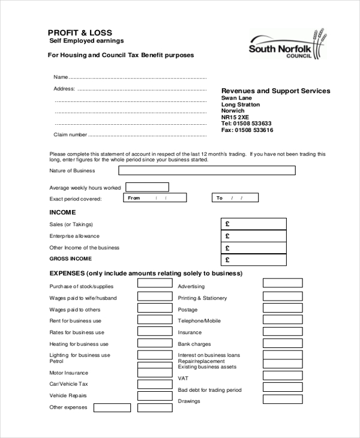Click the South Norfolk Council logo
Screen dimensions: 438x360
[288, 45]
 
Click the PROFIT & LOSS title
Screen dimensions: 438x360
[80, 32]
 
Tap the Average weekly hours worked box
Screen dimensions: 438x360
[147, 187]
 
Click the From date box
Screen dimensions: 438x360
[155, 197]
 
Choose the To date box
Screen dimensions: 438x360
[235, 197]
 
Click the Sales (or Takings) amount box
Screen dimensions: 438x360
[254, 223]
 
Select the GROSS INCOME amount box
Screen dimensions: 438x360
[254, 259]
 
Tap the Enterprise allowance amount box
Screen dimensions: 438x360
[254, 235]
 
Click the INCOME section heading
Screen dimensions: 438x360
[62, 212]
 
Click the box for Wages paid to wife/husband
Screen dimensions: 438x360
[154, 297]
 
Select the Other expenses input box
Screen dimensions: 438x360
[112, 407]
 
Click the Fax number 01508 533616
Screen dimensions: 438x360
[247, 130]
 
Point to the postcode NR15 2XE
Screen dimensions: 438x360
[235, 117]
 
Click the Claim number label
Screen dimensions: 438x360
[70, 135]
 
